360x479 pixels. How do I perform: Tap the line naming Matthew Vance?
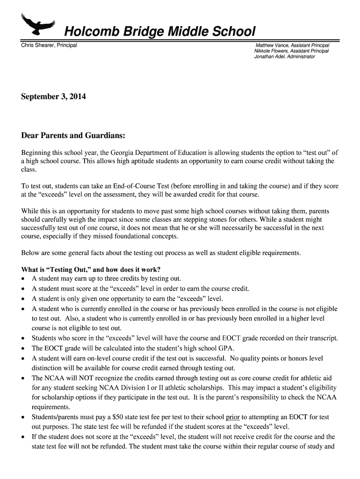[x=292, y=45]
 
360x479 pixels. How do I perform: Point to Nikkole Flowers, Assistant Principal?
[x=291, y=51]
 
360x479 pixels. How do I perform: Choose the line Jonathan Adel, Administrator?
[x=284, y=56]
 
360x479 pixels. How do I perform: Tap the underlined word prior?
[x=232, y=417]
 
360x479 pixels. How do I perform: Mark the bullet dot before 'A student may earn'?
[x=23, y=279]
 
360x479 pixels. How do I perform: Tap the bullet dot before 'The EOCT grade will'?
[x=23, y=348]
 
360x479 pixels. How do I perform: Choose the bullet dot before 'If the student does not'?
[x=23, y=437]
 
